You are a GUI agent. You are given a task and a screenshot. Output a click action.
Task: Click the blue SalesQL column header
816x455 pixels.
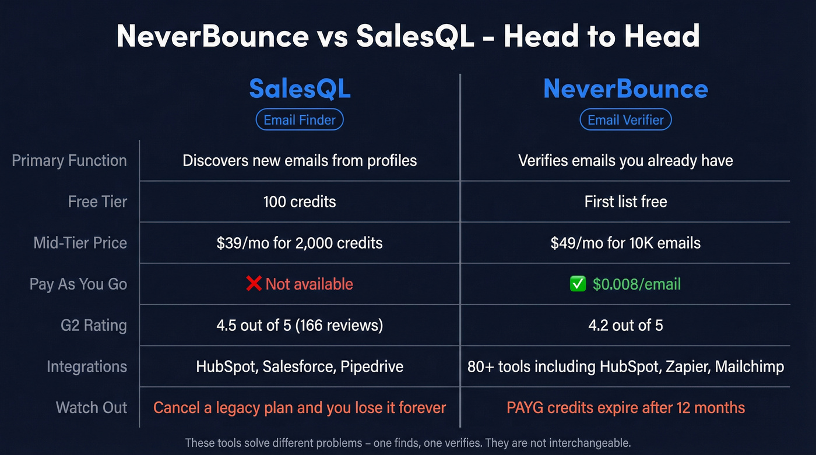[300, 89]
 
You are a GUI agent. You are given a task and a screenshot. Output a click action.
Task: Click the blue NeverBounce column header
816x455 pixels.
[625, 89]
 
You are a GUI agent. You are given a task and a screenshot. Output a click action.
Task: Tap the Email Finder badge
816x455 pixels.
[300, 120]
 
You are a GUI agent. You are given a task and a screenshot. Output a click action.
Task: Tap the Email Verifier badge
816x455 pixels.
[625, 120]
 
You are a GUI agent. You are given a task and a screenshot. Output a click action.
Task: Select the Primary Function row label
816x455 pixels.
[69, 161]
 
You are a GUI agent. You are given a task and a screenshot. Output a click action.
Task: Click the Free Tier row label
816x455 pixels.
[97, 202]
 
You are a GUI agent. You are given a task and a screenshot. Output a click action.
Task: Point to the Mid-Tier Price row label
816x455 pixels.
[80, 243]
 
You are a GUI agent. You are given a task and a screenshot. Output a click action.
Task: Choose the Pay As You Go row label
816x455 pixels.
[78, 284]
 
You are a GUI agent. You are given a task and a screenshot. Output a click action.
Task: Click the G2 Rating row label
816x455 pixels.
[93, 325]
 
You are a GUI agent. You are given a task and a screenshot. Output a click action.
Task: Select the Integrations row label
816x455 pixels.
[87, 366]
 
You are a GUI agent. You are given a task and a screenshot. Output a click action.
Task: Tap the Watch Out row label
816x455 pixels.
[92, 408]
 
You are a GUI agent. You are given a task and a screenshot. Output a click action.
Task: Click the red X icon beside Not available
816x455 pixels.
[254, 284]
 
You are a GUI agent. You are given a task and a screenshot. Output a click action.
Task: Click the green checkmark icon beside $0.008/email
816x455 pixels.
[578, 284]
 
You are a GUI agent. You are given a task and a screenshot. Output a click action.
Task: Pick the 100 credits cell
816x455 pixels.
[300, 202]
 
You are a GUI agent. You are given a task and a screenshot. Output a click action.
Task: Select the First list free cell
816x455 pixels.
[625, 202]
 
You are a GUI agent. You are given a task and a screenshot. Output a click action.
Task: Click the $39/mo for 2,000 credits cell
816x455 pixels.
[300, 243]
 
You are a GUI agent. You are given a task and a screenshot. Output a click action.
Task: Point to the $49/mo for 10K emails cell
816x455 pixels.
[625, 243]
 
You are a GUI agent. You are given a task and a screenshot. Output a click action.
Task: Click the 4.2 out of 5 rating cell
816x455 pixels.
[625, 325]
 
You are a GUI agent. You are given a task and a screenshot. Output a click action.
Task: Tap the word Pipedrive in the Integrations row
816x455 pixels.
[372, 366]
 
